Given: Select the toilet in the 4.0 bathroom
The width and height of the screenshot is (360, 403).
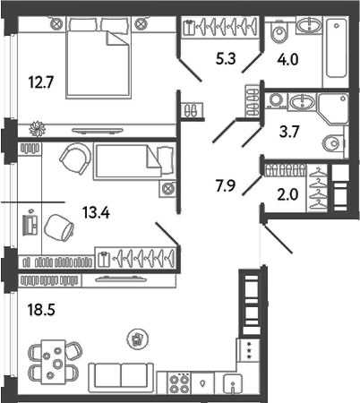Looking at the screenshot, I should coord(278,34).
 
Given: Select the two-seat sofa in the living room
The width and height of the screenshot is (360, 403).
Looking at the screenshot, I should coord(122,377).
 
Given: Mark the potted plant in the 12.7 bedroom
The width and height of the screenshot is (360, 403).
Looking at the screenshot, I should coord(36,126).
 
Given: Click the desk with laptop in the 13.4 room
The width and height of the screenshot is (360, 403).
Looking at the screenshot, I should coord(30,219).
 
